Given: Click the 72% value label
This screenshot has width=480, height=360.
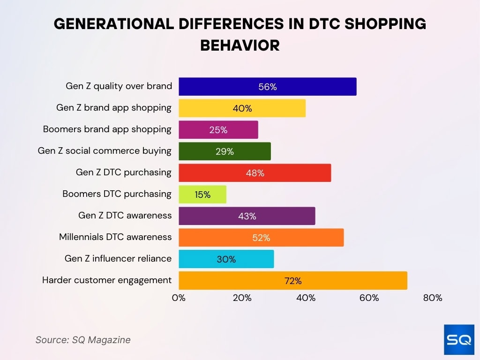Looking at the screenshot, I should pos(292,281).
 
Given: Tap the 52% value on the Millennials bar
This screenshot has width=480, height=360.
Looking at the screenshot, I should pos(261,238).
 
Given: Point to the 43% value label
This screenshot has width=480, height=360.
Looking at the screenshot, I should pos(247,216).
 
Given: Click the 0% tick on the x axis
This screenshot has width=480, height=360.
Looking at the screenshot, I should pos(179,298).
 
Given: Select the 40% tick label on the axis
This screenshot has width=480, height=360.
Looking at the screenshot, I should pos(306,298).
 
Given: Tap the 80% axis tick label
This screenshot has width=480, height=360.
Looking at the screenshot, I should pos(432,298).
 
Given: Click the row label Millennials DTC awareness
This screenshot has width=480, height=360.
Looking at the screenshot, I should pos(115,237).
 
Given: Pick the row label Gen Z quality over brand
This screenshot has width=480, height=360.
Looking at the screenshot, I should pos(119,86).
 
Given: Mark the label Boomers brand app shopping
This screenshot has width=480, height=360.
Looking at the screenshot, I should pos(107,129).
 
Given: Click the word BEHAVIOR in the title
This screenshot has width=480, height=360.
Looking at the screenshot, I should pos(240,45).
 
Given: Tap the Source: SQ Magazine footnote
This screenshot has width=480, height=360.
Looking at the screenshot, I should pos(83,340).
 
